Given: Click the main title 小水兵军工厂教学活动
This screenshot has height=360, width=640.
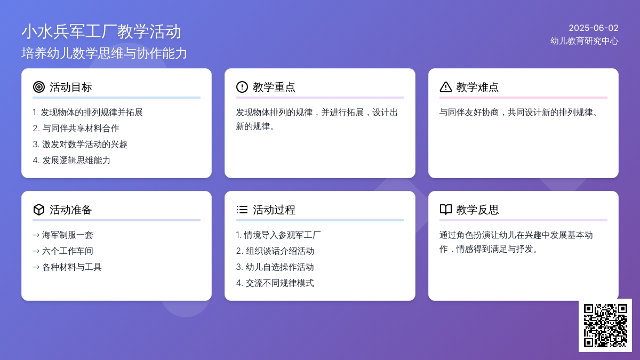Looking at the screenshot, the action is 101,31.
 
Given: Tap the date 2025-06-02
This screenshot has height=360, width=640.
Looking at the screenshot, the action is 594,28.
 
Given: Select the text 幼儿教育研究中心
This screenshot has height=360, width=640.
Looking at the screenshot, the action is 585,41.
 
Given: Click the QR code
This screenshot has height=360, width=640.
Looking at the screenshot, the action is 605,325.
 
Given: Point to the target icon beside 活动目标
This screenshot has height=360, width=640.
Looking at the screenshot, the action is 39,87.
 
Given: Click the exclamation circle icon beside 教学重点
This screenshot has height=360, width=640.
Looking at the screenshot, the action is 242,87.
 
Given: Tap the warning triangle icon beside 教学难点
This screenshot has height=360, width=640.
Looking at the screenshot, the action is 446,87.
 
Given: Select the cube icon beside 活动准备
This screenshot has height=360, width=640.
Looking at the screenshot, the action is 39,210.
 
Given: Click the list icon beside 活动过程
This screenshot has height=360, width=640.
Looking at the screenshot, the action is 242,210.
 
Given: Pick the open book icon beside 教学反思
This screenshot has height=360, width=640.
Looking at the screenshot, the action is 446,210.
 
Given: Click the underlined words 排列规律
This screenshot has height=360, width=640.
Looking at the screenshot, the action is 100,113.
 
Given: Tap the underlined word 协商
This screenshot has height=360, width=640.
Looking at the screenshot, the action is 491,113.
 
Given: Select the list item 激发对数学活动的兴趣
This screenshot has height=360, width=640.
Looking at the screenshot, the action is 85,145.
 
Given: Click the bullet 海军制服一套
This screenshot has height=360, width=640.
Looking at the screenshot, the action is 67,235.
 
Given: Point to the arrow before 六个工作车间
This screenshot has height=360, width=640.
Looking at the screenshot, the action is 36,251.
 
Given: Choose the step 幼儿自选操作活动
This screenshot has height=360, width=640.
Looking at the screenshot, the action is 279,267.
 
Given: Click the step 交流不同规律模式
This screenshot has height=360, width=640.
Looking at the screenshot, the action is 279,283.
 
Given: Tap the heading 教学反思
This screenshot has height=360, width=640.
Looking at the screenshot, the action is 477,210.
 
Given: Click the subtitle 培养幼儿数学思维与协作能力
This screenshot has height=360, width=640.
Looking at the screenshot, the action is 104,53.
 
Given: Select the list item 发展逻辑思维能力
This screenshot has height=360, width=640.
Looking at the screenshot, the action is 76,161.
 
